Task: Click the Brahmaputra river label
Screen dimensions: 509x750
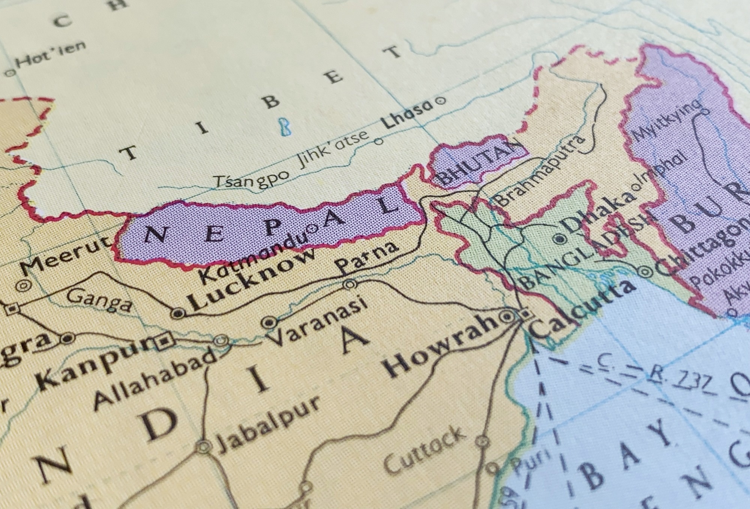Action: [x=540, y=170]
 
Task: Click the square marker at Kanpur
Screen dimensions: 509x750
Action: [x=164, y=341]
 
